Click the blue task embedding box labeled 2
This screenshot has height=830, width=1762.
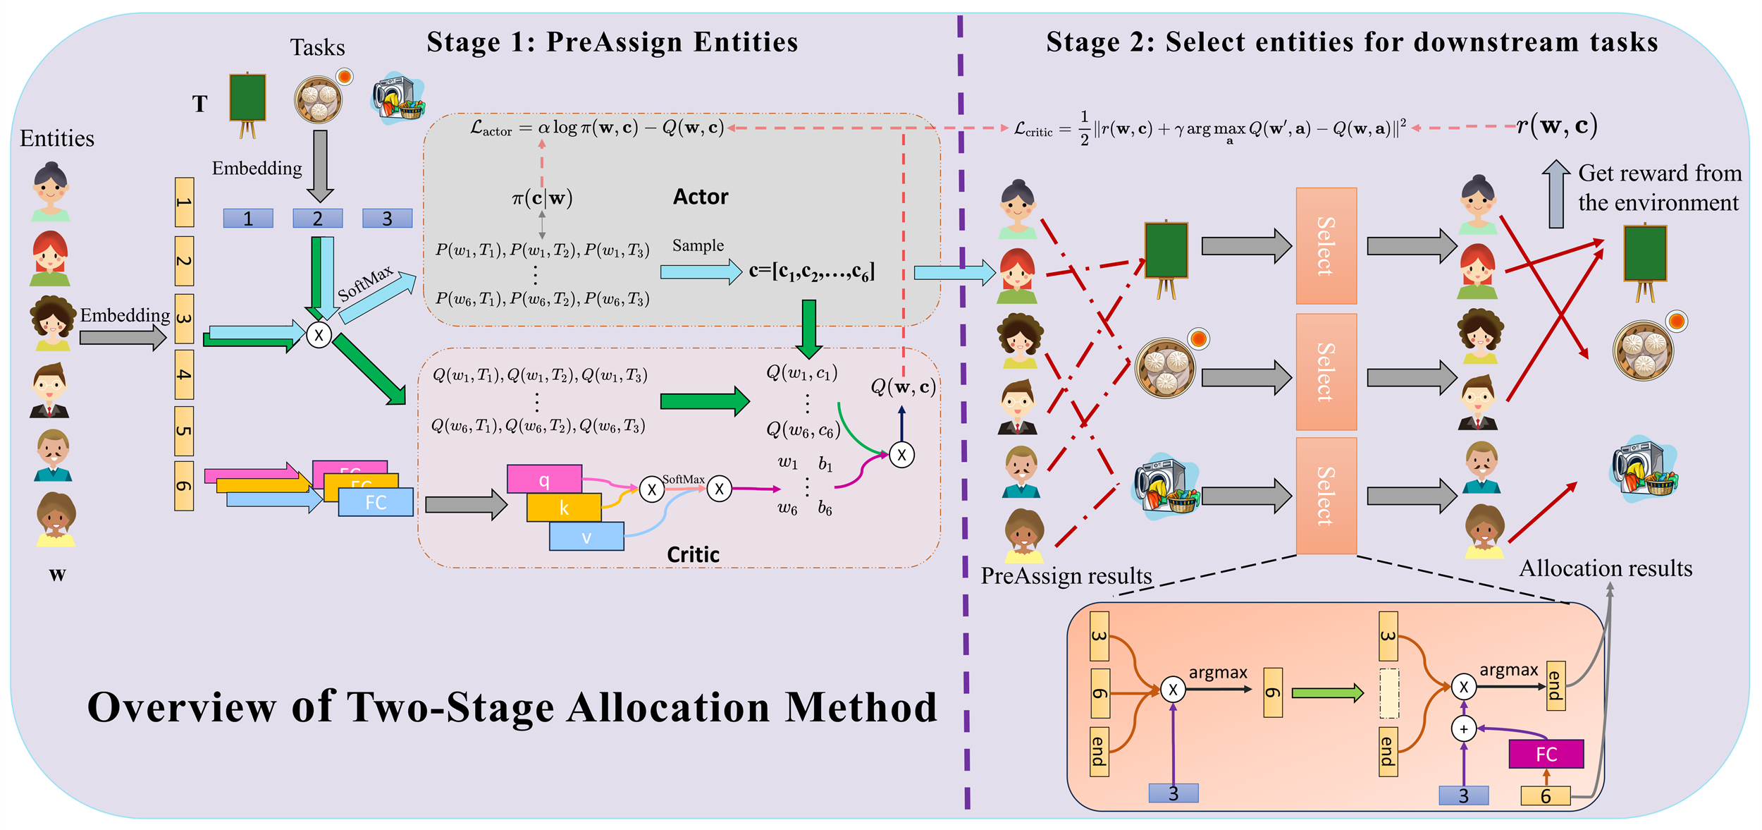coord(317,219)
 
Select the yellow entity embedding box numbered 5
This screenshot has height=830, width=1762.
coord(184,431)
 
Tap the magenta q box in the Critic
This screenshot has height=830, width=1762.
coord(544,480)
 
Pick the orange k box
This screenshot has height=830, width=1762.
coord(564,508)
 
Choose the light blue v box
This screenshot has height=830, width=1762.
coord(586,537)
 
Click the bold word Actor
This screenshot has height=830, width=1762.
coord(700,197)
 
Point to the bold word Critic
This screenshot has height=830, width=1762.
coord(693,555)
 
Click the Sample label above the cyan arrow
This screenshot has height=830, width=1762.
coord(698,245)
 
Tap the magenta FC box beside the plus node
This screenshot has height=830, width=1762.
coord(1546,754)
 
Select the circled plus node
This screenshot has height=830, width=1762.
coord(1464,728)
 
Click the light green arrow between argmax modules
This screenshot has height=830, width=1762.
coord(1327,693)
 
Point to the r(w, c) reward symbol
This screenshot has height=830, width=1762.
coord(1556,126)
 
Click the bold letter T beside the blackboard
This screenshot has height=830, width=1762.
coord(200,104)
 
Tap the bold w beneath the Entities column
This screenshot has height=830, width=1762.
coord(57,574)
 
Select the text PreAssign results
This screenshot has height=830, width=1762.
coord(1066,576)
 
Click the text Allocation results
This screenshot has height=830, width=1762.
coord(1605,568)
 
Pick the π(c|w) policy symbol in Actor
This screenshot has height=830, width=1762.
coord(542,198)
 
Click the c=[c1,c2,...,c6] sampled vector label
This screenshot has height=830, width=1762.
coord(811,271)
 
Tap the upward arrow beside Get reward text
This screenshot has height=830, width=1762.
coord(1555,193)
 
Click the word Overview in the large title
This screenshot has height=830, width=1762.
coord(181,707)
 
